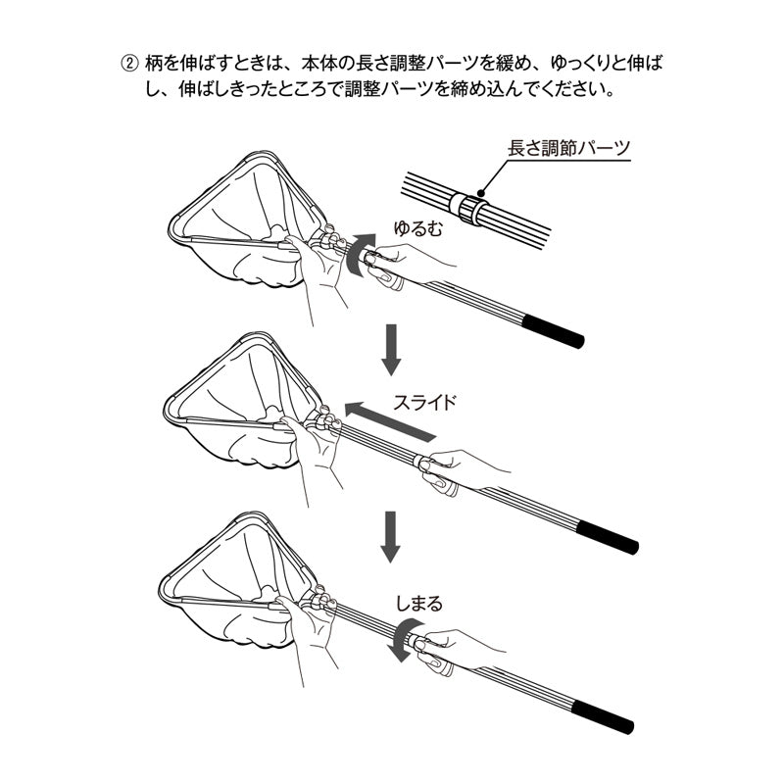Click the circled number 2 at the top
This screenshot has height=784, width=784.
(x=129, y=64)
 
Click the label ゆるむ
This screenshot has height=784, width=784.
(x=418, y=228)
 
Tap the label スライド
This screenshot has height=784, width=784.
(x=425, y=403)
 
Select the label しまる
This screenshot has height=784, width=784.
(x=419, y=604)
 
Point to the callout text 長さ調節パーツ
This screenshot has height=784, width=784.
(x=568, y=149)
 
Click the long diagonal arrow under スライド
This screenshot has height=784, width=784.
(x=390, y=420)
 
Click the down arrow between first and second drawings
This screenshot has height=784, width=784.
(x=391, y=350)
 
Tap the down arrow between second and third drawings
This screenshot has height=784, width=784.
(x=390, y=536)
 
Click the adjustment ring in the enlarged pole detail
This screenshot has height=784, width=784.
(x=468, y=208)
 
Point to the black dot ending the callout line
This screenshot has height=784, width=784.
(x=480, y=192)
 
